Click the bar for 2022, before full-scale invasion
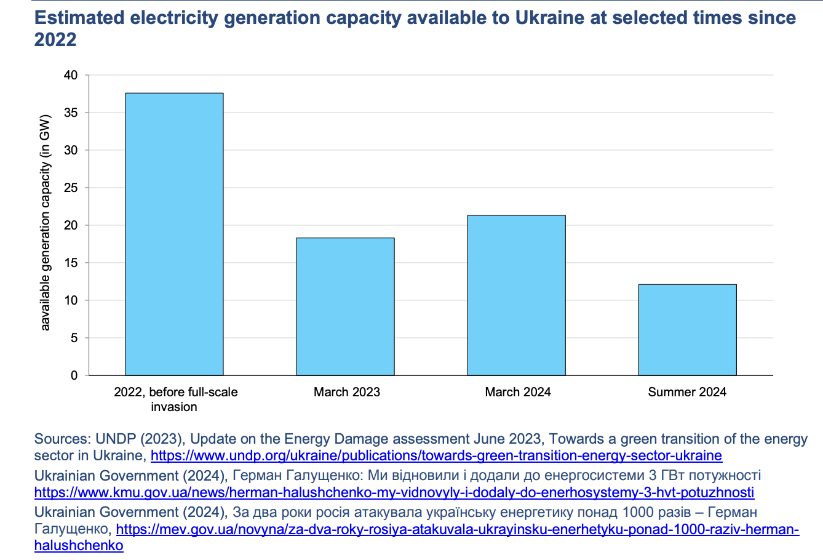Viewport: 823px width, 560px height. (174, 234)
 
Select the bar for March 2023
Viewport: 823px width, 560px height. (345, 306)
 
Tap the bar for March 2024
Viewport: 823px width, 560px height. (516, 295)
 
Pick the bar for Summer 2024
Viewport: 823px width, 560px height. (687, 330)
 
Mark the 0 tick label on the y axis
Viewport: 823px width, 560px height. (74, 375)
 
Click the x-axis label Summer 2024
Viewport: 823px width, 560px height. (687, 392)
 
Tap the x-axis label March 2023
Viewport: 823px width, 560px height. (347, 392)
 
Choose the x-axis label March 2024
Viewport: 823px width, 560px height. (518, 392)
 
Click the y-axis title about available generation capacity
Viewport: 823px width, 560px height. (46, 223)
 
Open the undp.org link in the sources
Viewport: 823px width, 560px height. (436, 456)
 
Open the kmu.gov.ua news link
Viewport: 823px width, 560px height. (394, 492)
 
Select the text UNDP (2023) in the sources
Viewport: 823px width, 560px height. (140, 439)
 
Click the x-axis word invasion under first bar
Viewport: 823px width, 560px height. (174, 407)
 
